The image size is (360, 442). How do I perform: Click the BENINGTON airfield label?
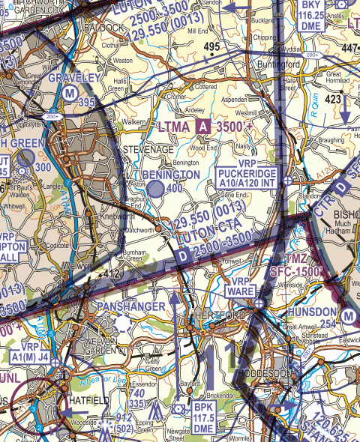click(x=171, y=175)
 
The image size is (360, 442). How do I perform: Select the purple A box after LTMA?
click(x=202, y=128)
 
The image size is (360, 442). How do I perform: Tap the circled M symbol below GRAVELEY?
click(x=70, y=93)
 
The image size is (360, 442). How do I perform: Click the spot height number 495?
click(x=211, y=46)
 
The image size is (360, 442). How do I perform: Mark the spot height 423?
click(x=333, y=97)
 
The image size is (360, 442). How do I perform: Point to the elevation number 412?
click(x=112, y=274)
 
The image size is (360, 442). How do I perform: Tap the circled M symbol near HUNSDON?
click(x=348, y=317)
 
